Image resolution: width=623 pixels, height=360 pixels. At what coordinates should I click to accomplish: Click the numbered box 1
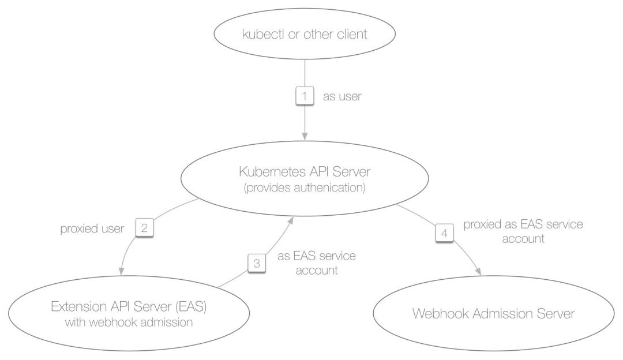(x=305, y=96)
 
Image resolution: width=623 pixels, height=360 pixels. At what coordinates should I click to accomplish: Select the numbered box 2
(x=144, y=228)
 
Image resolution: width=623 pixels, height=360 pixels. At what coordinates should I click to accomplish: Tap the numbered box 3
(x=257, y=263)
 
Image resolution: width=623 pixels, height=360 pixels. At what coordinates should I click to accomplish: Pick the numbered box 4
(x=444, y=233)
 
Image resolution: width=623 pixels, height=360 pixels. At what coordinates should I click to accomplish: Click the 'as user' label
(x=342, y=96)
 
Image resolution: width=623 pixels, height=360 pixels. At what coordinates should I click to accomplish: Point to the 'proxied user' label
(x=92, y=228)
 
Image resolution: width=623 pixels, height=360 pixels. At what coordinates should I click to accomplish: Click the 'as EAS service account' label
(x=317, y=262)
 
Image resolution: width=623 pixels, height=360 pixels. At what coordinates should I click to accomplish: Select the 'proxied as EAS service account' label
(x=523, y=231)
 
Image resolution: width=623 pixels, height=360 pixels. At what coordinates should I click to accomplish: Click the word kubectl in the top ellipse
(x=263, y=34)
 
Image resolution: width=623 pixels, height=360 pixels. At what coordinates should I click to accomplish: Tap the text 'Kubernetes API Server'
(x=305, y=172)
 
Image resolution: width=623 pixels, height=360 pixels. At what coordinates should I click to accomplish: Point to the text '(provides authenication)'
(x=305, y=187)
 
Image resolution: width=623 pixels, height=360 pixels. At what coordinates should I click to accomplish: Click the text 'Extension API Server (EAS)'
(x=129, y=306)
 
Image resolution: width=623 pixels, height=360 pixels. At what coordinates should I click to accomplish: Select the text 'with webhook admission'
(x=129, y=322)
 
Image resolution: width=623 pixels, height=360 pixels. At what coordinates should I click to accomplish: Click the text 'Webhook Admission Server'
(x=493, y=313)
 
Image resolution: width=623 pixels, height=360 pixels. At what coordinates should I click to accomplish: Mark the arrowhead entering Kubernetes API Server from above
(x=305, y=136)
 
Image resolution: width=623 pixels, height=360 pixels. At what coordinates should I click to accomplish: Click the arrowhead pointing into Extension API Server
(x=122, y=271)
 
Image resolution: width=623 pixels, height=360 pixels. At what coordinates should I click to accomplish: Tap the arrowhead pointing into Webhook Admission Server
(x=478, y=271)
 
